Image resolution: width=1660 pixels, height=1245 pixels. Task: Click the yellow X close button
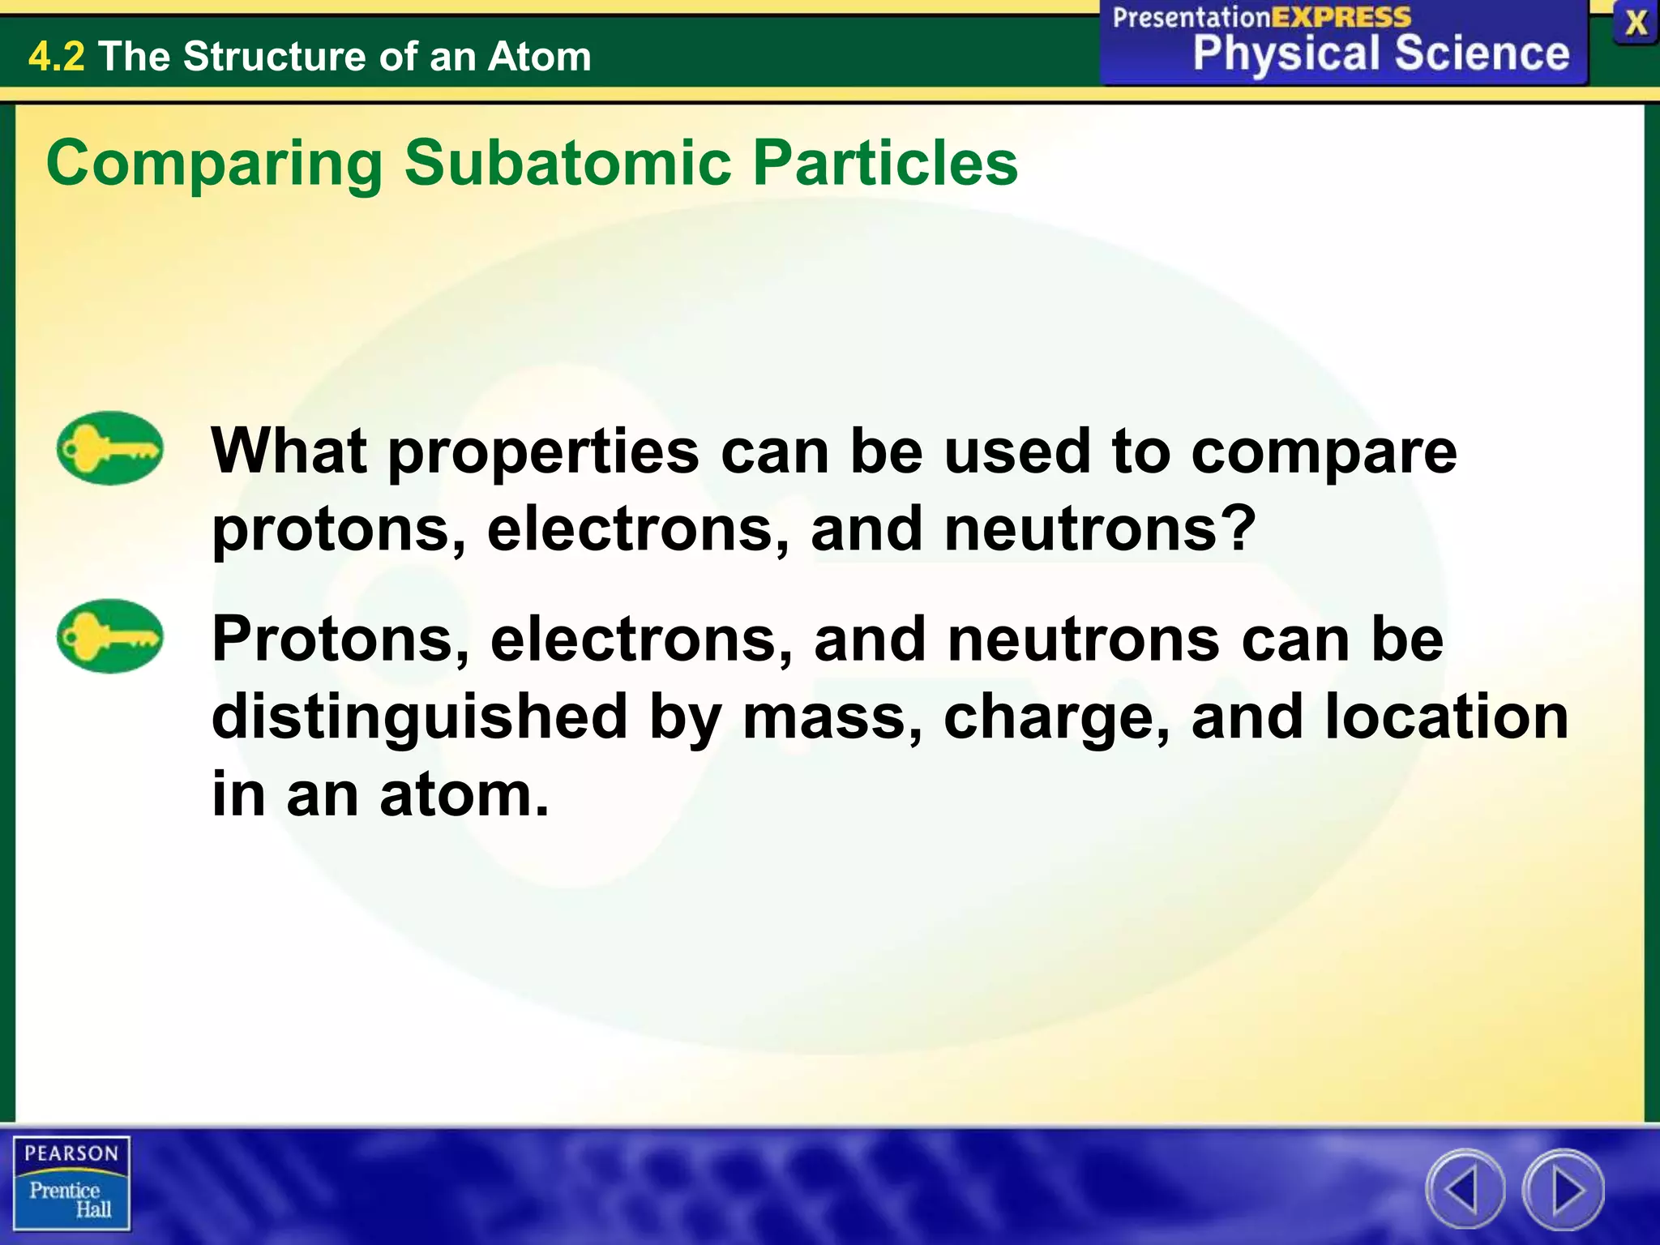(1636, 24)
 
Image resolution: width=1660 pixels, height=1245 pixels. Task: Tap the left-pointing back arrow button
(1465, 1190)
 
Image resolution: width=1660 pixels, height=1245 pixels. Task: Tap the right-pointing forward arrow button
(1564, 1190)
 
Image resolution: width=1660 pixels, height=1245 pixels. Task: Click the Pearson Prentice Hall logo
(71, 1183)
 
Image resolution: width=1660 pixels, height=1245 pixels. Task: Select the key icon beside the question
(109, 448)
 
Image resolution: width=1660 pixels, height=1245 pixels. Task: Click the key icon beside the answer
(109, 636)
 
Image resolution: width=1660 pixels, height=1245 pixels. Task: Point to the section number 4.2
(56, 57)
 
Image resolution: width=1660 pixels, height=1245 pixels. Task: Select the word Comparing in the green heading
(215, 165)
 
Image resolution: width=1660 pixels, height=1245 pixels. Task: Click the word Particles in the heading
(885, 163)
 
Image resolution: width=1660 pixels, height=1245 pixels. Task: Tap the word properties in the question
(543, 453)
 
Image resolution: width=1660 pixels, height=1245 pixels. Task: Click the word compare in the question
(1324, 453)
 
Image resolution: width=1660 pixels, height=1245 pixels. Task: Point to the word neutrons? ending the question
(1100, 528)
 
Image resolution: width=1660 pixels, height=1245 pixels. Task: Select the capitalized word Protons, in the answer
(340, 640)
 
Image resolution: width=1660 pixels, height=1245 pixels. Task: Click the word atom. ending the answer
(464, 794)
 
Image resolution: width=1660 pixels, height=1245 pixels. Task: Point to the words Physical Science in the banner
(1380, 53)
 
